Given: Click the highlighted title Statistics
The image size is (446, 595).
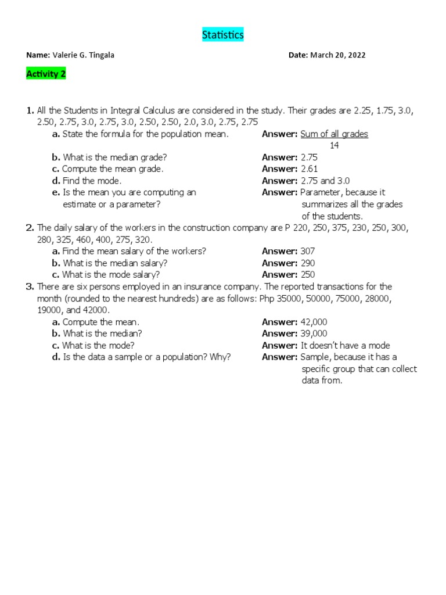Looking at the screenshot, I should click(x=223, y=35).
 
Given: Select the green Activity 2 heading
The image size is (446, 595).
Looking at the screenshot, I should click(x=46, y=74).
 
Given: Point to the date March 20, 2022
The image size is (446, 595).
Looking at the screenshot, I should click(x=337, y=55).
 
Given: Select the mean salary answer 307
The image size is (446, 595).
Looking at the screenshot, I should click(x=308, y=251).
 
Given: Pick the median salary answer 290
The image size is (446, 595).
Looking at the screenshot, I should click(x=308, y=263).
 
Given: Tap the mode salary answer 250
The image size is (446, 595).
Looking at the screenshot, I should click(x=308, y=274).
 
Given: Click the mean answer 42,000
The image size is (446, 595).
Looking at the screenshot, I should click(x=314, y=322).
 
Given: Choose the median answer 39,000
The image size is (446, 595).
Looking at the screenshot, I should click(x=314, y=334).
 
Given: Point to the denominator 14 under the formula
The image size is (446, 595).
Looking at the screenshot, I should click(x=334, y=145).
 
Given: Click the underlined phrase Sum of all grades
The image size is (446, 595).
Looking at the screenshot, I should click(x=334, y=134).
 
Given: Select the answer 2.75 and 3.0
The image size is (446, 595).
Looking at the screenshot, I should click(x=325, y=181).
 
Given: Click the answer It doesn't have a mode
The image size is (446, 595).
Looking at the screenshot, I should click(x=345, y=345).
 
